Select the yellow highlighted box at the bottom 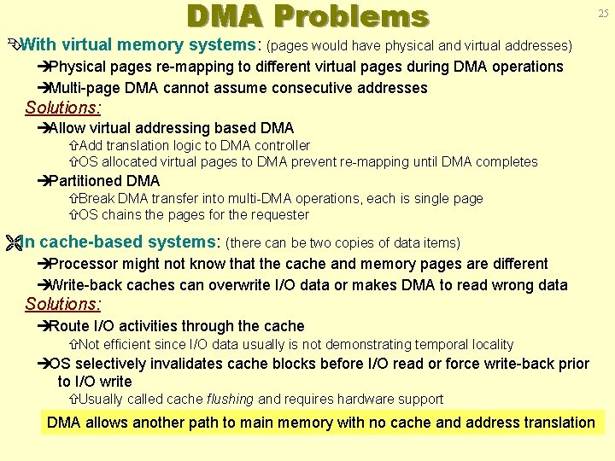pyautogui.click(x=322, y=423)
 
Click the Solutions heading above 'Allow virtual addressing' pyautogui.click(x=63, y=108)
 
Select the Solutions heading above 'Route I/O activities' pyautogui.click(x=63, y=304)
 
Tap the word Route pyautogui.click(x=68, y=325)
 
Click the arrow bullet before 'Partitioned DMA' pyautogui.click(x=44, y=181)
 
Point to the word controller pyautogui.click(x=280, y=146)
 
